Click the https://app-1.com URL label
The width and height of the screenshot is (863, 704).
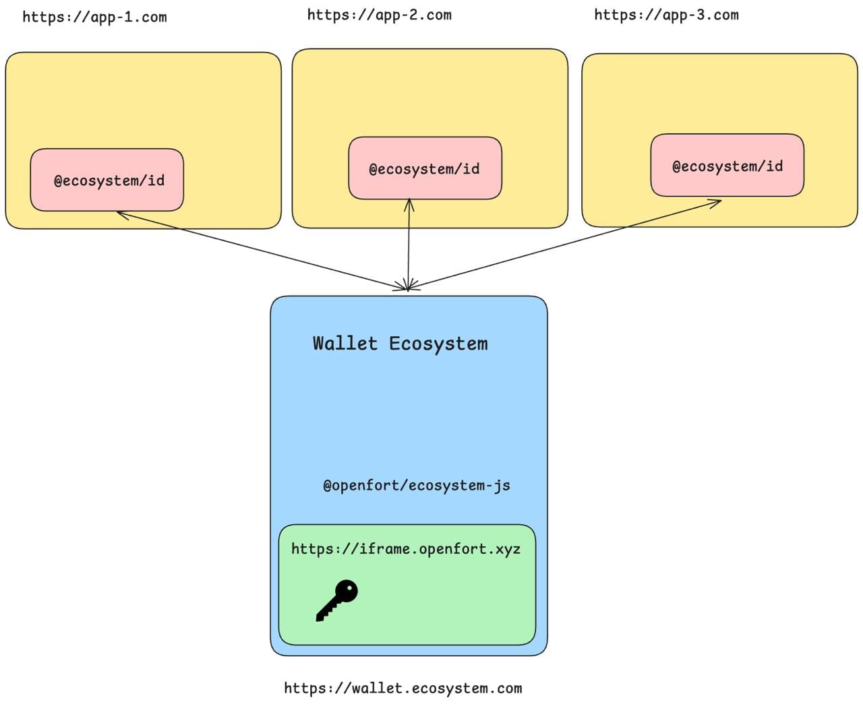coord(94,17)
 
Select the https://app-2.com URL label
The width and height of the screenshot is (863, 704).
coord(379,15)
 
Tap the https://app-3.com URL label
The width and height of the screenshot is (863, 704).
coord(666,15)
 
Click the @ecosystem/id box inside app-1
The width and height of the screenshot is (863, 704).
coord(107,180)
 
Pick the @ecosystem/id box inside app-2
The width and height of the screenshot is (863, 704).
coord(425,168)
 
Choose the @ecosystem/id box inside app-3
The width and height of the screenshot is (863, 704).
coord(727,166)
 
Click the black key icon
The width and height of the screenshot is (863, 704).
coord(336,600)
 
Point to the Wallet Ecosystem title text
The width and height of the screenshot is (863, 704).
coord(400,344)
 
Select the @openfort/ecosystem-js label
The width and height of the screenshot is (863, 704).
coord(416,486)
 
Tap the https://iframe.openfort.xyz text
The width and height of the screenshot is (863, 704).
coord(405,549)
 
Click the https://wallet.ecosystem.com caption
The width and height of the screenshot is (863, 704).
coord(403,689)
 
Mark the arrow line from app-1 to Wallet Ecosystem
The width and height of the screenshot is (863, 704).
coord(263,251)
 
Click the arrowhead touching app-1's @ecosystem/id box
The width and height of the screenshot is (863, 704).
coord(121,214)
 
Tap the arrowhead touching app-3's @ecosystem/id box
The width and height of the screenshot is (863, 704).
coord(716,201)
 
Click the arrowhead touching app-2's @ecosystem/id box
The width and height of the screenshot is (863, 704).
coord(409,203)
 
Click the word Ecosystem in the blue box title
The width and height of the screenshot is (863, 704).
coord(438,344)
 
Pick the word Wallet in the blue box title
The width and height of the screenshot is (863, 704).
coord(345,344)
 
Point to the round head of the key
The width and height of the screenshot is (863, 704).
coord(347,591)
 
